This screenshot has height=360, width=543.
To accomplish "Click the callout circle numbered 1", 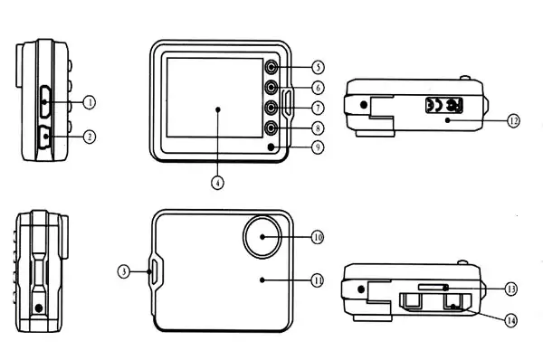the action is pyautogui.click(x=90, y=102).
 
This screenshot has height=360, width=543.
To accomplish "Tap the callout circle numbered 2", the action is pyautogui.click(x=90, y=137).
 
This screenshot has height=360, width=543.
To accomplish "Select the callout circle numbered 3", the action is pyautogui.click(x=124, y=271).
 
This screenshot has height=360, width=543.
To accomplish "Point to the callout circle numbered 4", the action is pyautogui.click(x=217, y=183).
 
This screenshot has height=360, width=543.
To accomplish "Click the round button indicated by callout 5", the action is pyautogui.click(x=271, y=66).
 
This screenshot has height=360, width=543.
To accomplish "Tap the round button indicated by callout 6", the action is pyautogui.click(x=271, y=87).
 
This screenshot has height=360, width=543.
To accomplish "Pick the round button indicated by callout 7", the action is pyautogui.click(x=271, y=108).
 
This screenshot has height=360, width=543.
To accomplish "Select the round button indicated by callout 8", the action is pyautogui.click(x=271, y=128).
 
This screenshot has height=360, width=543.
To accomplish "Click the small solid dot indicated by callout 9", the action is pyautogui.click(x=271, y=147).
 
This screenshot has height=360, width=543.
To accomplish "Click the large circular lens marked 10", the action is pyautogui.click(x=262, y=236).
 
